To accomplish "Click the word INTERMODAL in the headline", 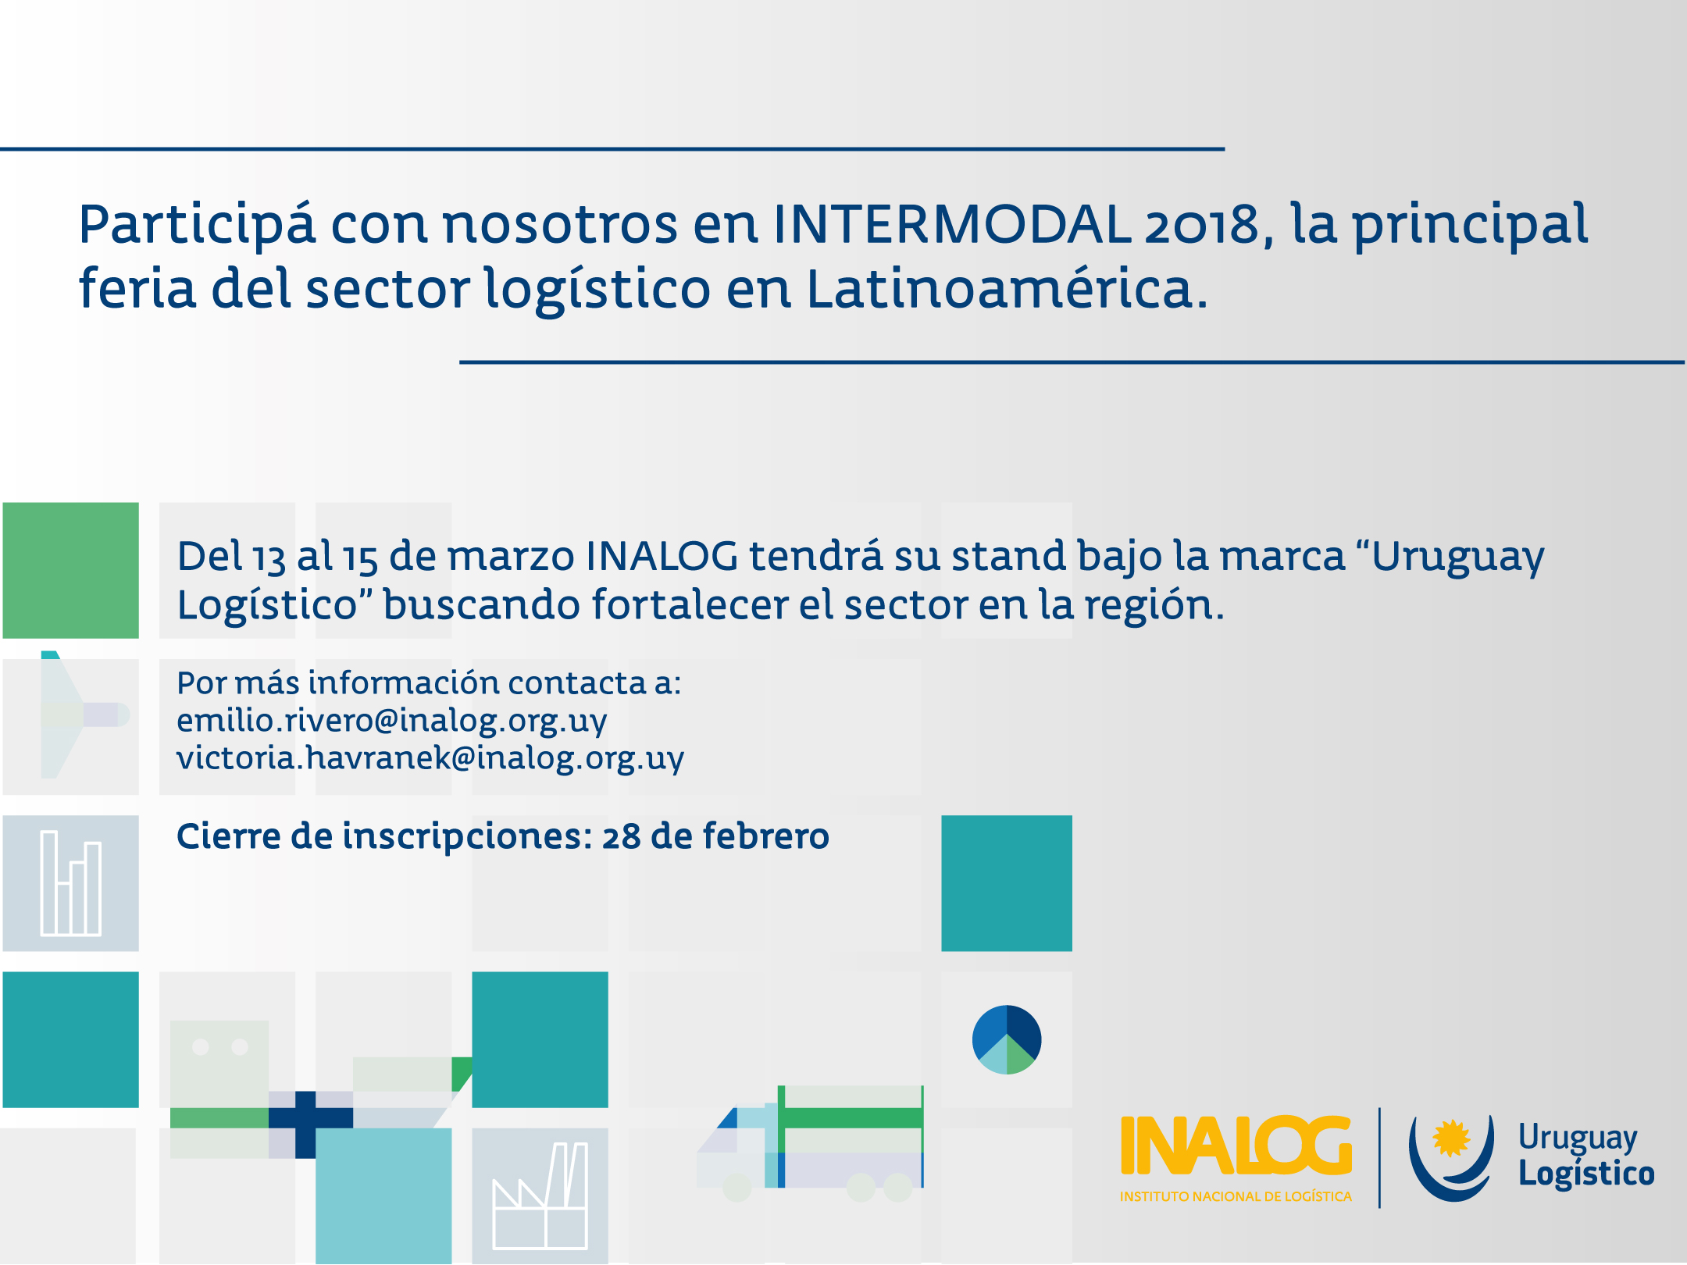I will [x=951, y=225].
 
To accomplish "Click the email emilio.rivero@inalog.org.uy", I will [x=391, y=720].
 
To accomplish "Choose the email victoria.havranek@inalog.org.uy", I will [x=430, y=757].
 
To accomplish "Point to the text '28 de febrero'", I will [x=715, y=836].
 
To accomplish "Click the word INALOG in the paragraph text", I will [x=662, y=556].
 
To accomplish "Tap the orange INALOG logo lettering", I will [x=1236, y=1146].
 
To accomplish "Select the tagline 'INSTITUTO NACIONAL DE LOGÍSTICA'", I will [x=1236, y=1196].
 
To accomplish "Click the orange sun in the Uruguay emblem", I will [x=1451, y=1137].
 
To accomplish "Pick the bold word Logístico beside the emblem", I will [x=1585, y=1174].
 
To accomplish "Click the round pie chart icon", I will [x=1007, y=1039].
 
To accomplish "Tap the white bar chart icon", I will [x=71, y=883].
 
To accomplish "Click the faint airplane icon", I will [x=78, y=714].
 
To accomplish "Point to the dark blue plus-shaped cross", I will [x=306, y=1119].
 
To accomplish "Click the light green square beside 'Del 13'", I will [x=71, y=570].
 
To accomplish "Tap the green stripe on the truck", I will [x=851, y=1117].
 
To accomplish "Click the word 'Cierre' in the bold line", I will [x=227, y=836].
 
